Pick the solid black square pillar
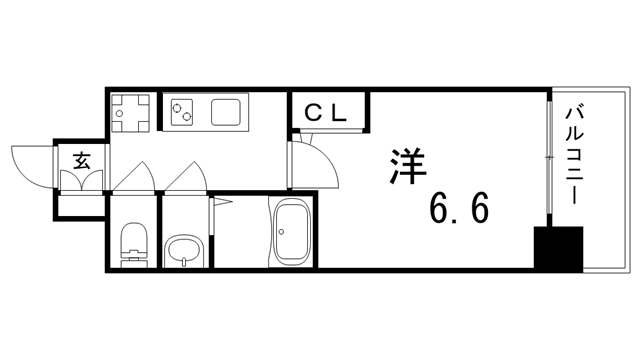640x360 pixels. point(557,249)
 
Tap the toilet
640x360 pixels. point(131,244)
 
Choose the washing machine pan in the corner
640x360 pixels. point(130,112)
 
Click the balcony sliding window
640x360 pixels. point(549,160)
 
